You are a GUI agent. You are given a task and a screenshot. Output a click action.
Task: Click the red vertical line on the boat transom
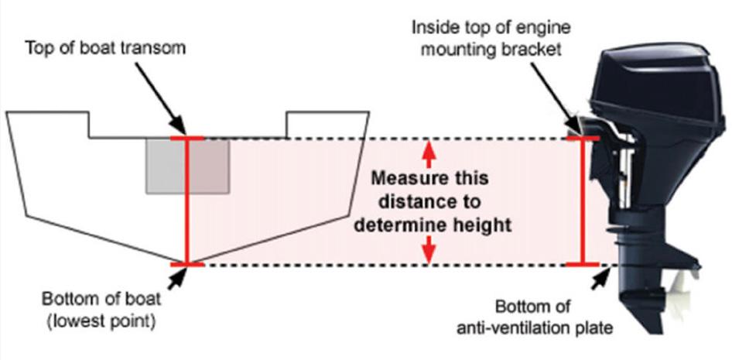[186, 201]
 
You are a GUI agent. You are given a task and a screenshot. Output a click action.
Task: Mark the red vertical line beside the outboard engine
[583, 201]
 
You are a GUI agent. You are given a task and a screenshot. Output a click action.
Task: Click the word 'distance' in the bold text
[402, 202]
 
